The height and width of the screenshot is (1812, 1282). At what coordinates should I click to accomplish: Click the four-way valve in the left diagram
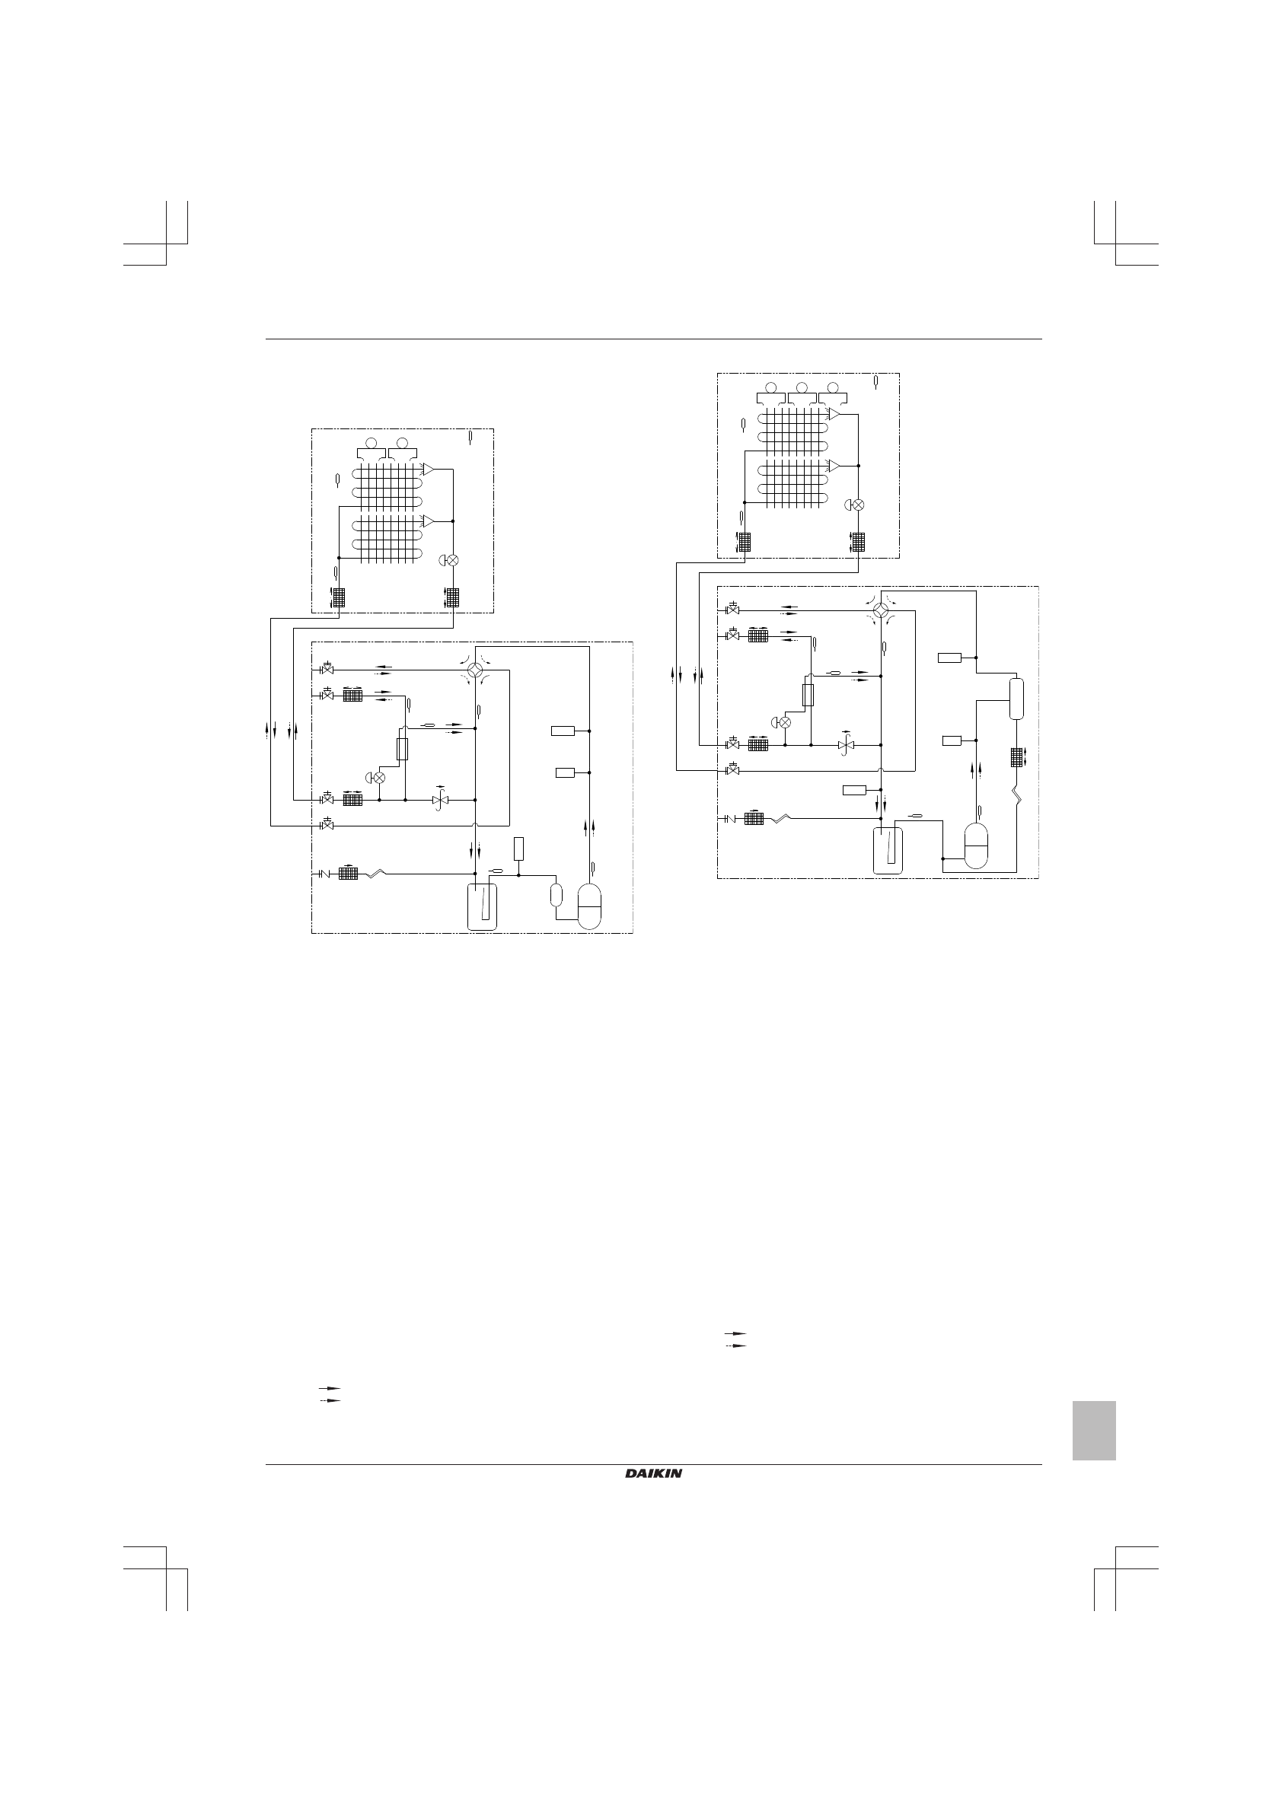tap(475, 670)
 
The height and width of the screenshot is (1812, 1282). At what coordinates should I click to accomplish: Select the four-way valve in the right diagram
tap(881, 610)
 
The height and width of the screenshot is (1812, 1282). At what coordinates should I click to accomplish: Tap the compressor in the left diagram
tap(590, 906)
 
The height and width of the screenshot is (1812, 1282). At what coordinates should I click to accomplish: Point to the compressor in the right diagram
tap(977, 846)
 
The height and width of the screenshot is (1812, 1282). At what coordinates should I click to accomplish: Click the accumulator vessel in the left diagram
tap(483, 908)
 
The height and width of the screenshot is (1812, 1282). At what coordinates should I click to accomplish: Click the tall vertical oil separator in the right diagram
tap(1016, 699)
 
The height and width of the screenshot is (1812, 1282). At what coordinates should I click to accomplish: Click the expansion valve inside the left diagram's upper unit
tap(452, 559)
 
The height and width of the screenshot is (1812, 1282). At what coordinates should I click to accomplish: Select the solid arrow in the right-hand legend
tap(735, 1333)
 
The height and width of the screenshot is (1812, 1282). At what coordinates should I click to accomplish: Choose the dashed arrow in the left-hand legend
tap(329, 1400)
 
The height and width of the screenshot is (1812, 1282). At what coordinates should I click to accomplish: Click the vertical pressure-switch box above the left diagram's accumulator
tap(518, 849)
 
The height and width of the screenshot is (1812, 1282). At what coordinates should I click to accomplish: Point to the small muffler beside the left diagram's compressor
tap(556, 894)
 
